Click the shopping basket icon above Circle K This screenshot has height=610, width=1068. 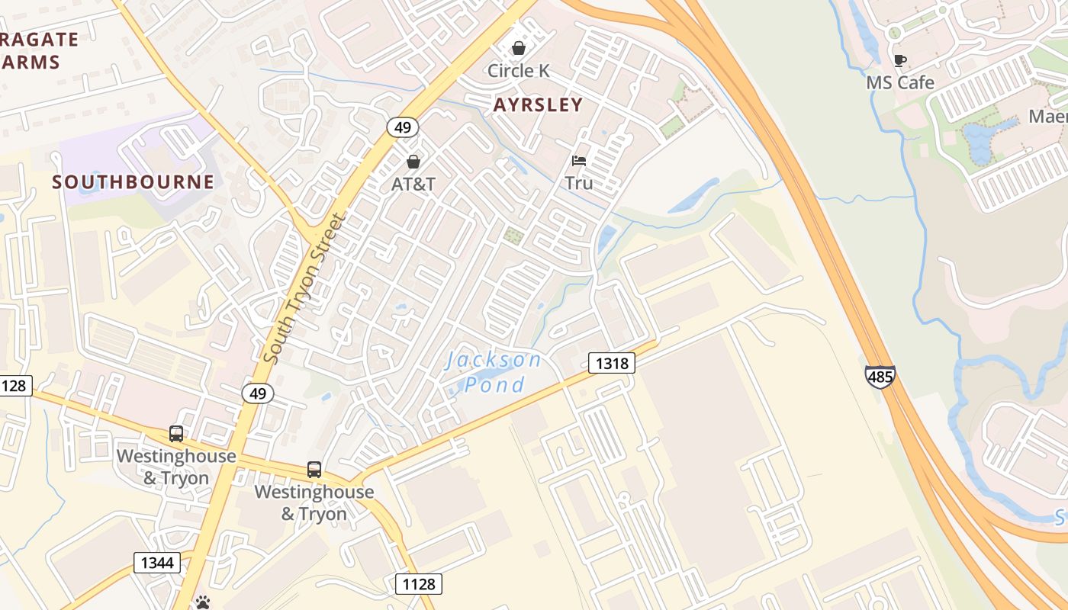tap(519, 48)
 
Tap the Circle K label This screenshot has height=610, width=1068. tap(519, 71)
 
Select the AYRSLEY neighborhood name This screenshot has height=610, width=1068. tap(538, 105)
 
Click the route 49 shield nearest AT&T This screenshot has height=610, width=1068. tap(401, 127)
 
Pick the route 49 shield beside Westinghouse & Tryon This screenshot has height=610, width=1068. tap(258, 393)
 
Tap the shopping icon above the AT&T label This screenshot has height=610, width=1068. tap(413, 162)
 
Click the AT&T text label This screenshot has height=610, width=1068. tap(413, 185)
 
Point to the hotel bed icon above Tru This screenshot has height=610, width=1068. tap(579, 161)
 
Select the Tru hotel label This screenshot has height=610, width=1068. tap(579, 183)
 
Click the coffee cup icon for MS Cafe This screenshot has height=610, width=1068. tap(900, 60)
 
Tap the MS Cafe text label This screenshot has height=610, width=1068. tap(900, 82)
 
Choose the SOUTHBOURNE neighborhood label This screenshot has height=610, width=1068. tap(133, 182)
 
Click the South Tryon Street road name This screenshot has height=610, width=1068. tap(304, 288)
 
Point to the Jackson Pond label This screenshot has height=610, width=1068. tap(495, 371)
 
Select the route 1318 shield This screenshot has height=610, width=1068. tap(612, 363)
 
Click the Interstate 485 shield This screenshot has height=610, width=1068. tap(880, 377)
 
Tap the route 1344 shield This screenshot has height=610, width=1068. tap(158, 563)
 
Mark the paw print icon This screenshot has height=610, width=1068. tap(202, 603)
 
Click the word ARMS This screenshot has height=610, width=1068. tap(31, 63)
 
